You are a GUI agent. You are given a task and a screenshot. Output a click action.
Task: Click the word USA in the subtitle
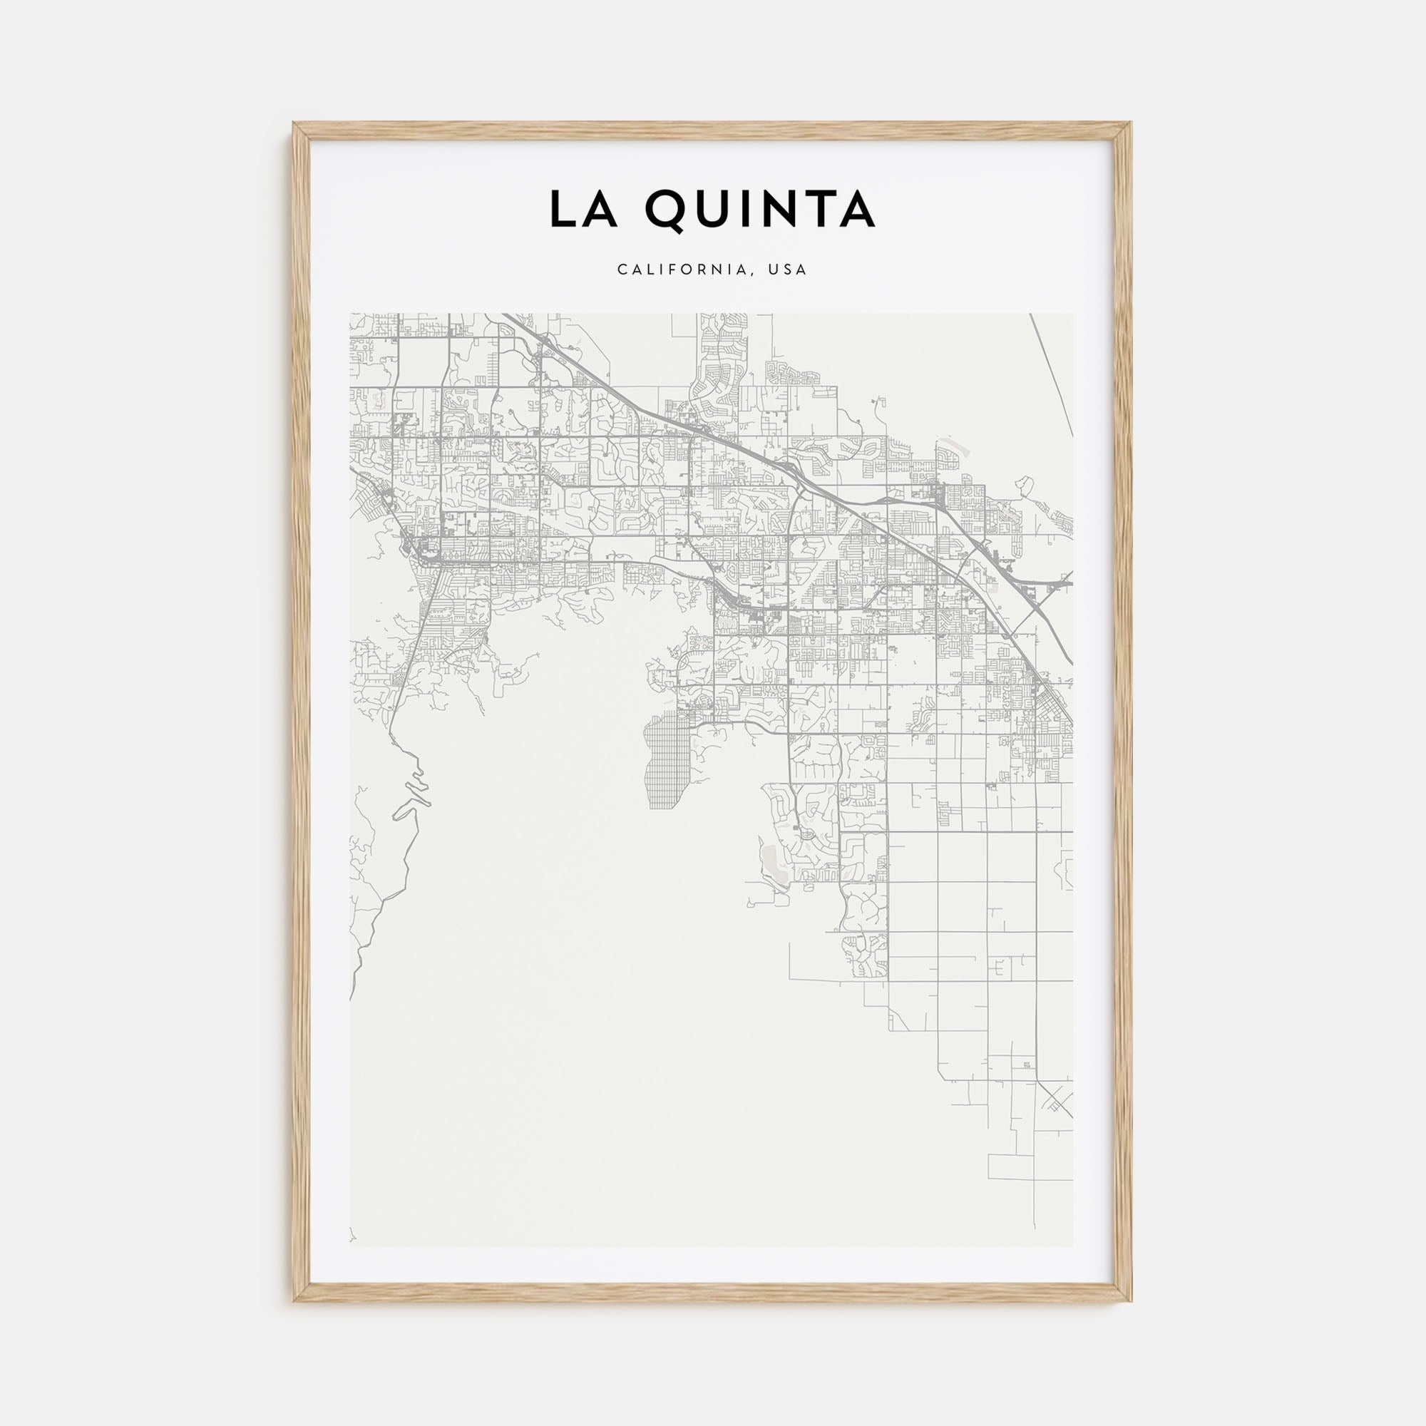coord(788,270)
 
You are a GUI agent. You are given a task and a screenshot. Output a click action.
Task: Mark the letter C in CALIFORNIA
coord(623,270)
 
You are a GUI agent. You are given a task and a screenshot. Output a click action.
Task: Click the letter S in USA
coord(788,270)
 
